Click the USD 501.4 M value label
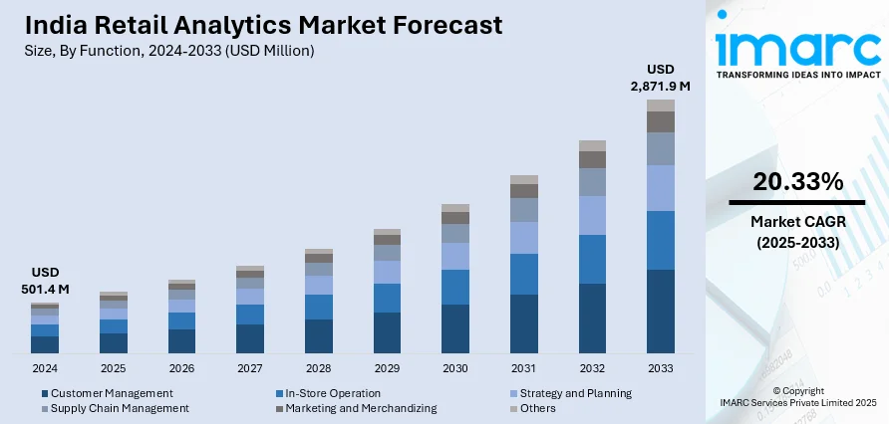tap(44, 281)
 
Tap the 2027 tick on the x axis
tap(249, 368)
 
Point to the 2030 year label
tap(454, 368)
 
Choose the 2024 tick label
tap(44, 368)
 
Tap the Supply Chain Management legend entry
tap(120, 408)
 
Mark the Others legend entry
tap(539, 408)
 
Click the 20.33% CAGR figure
tap(797, 181)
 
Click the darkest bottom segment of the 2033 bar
tap(660, 312)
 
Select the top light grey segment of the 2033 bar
tap(660, 106)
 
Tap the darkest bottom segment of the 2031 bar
tap(523, 323)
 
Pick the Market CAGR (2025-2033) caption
tap(797, 231)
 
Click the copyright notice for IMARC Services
tap(797, 395)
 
